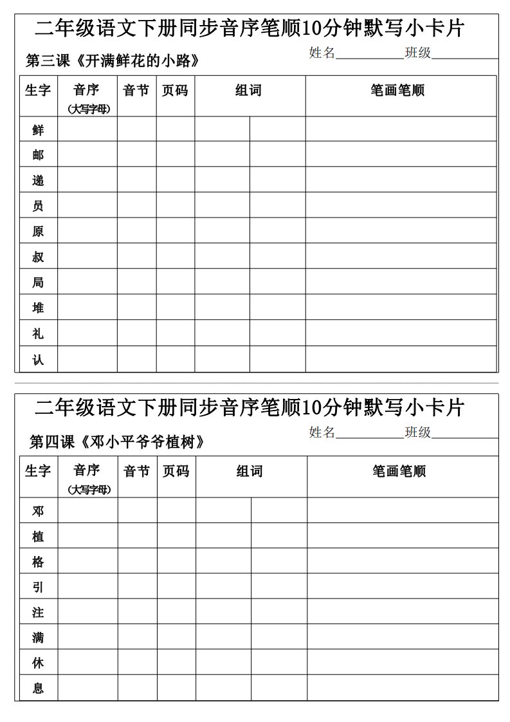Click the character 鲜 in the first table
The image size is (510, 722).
[x=38, y=130]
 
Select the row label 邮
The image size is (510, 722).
[x=38, y=155]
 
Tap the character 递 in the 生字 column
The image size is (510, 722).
[x=38, y=181]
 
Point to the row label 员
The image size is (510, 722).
[x=38, y=206]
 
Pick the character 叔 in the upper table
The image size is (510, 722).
[x=38, y=257]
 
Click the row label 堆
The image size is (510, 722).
[x=38, y=308]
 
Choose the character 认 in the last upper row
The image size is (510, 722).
[x=38, y=359]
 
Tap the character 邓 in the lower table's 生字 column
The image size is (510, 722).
[x=39, y=511]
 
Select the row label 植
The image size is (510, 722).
[x=39, y=536]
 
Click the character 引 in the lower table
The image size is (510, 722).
[x=39, y=587]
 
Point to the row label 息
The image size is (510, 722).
[x=39, y=688]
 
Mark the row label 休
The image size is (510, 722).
[x=39, y=663]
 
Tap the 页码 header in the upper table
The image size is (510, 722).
[x=175, y=91]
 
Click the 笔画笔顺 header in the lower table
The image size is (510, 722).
[x=399, y=472]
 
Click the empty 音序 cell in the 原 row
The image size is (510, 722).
[x=87, y=231]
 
